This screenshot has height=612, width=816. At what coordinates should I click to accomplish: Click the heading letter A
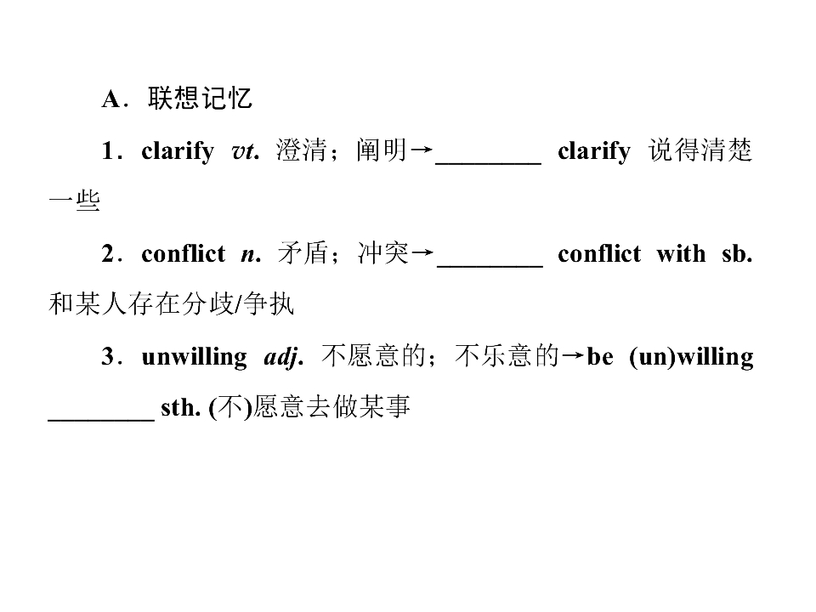coord(110,99)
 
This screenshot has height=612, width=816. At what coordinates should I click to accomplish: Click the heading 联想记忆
coord(201,99)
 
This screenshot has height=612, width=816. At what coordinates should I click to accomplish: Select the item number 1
coord(108,151)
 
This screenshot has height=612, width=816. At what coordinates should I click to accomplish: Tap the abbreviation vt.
coord(245,151)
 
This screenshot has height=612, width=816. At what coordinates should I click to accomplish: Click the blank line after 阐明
coord(488,163)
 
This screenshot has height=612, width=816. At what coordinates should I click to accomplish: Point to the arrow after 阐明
coord(421,150)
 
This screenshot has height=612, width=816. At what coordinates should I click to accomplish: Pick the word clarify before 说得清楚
coord(594,152)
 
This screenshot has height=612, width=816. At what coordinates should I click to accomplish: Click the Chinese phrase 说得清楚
coord(700,150)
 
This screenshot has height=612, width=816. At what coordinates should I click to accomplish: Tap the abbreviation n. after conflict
coord(251,255)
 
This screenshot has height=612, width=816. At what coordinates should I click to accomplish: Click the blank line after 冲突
coord(490,266)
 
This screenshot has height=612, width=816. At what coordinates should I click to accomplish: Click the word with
coord(681,254)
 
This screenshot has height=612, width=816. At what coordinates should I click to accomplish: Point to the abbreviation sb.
coord(737,254)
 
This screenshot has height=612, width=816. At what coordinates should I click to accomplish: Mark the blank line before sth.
coord(101,419)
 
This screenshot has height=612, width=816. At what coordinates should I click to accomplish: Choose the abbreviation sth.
coord(180,408)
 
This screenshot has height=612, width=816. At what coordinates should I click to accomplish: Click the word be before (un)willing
coord(600,357)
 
